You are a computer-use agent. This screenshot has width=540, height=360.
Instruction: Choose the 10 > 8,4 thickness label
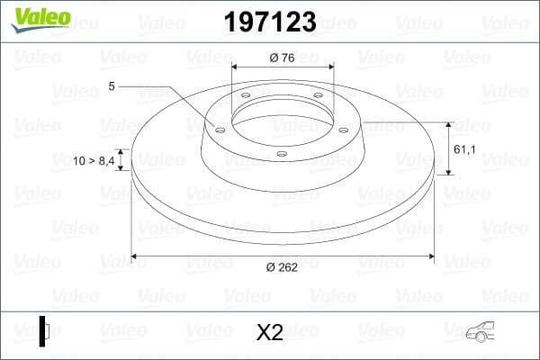(94, 160)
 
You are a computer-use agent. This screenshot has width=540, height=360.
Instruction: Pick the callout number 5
(111, 86)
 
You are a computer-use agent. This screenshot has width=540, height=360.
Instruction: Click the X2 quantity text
(269, 333)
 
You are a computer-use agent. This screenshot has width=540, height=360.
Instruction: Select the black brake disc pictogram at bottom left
(43, 330)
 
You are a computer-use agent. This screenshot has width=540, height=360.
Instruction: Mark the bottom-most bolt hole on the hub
(282, 154)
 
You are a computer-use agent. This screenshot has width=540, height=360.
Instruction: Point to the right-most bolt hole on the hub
(343, 129)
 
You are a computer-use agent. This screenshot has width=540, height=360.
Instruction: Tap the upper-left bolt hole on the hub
(246, 97)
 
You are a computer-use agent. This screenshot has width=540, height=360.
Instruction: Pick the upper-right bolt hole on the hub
(318, 97)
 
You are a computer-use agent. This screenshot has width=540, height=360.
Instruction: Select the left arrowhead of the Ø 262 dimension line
(135, 258)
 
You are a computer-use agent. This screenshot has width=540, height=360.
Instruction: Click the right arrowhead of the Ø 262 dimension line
(431, 258)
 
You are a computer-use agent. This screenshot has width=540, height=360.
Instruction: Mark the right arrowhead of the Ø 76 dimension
(329, 67)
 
